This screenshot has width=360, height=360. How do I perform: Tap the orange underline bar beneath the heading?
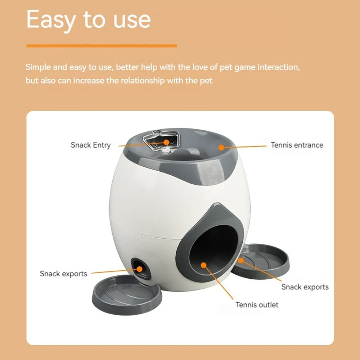click(102, 46)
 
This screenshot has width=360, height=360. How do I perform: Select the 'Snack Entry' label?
click(91, 145)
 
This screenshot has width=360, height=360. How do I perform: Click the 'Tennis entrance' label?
click(297, 145)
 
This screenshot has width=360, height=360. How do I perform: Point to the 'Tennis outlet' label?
click(257, 305)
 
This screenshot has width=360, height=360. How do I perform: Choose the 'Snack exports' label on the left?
click(63, 274)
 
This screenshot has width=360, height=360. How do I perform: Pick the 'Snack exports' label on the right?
click(305, 287)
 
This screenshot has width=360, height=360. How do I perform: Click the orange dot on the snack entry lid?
click(166, 142)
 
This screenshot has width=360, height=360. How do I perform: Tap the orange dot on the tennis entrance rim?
click(221, 147)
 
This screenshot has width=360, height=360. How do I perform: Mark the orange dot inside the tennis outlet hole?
click(204, 265)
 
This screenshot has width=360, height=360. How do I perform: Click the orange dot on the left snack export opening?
click(139, 268)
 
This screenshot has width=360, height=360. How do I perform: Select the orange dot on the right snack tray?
click(241, 259)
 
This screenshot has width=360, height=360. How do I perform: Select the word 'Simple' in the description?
click(37, 67)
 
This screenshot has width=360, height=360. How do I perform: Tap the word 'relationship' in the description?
click(141, 80)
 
